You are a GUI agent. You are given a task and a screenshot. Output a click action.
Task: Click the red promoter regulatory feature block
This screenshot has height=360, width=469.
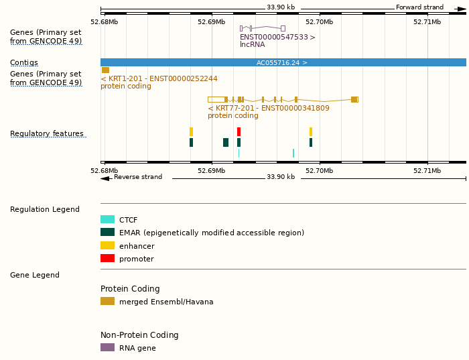click(239, 132)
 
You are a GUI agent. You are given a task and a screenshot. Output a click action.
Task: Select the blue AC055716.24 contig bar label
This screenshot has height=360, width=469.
click(282, 62)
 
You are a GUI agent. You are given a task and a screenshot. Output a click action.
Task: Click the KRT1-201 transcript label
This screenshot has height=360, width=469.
click(159, 78)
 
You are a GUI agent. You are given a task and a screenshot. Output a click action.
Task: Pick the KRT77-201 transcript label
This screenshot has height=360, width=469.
click(268, 108)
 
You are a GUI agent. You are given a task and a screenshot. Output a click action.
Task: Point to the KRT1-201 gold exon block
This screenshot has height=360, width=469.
click(105, 70)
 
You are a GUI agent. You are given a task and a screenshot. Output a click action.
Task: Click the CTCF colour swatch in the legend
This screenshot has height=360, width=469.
click(107, 219)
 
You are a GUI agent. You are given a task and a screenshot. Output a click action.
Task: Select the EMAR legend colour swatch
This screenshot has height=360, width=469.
click(107, 233)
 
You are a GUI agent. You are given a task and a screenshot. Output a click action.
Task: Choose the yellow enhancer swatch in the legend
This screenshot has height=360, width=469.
click(107, 245)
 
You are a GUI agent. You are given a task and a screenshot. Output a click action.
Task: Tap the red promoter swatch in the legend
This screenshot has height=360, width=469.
click(107, 258)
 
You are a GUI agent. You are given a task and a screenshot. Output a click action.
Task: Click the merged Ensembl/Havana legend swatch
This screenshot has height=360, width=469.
click(107, 301)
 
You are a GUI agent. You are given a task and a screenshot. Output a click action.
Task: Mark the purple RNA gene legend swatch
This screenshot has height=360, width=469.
click(107, 347)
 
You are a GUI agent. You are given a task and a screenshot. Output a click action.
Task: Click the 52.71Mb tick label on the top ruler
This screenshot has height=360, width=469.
click(427, 21)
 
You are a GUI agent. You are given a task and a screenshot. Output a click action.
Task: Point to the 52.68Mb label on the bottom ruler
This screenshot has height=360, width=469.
click(104, 171)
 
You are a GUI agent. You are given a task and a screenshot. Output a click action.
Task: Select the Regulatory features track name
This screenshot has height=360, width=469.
click(47, 134)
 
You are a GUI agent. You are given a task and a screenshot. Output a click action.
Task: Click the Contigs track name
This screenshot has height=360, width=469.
click(24, 63)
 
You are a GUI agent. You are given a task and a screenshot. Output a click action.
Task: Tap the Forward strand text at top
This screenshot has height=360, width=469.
click(419, 7)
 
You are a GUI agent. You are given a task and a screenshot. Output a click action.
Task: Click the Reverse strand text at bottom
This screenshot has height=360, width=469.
click(138, 177)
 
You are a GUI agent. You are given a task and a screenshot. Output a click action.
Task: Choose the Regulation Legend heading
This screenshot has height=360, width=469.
click(45, 209)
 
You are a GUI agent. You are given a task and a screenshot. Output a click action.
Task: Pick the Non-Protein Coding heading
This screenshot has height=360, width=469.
click(139, 335)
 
